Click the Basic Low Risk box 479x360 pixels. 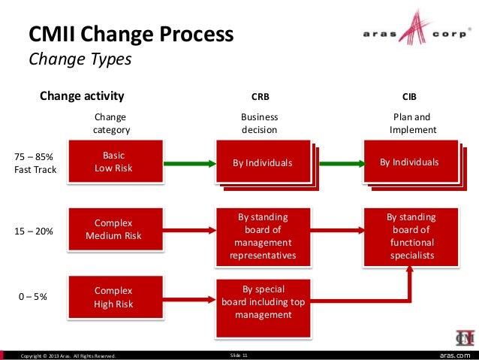click(113, 162)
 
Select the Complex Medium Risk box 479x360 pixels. click(113, 230)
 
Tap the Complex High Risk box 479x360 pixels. click(113, 297)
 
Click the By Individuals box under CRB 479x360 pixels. click(262, 162)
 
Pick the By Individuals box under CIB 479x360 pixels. click(409, 162)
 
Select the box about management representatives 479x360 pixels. click(263, 237)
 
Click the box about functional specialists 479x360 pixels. click(411, 236)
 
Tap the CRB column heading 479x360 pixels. click(260, 97)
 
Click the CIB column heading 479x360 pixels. click(410, 97)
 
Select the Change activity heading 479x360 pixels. click(82, 95)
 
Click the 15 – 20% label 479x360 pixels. click(34, 231)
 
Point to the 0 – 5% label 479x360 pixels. click(33, 297)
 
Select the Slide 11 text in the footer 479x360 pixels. click(240, 354)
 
